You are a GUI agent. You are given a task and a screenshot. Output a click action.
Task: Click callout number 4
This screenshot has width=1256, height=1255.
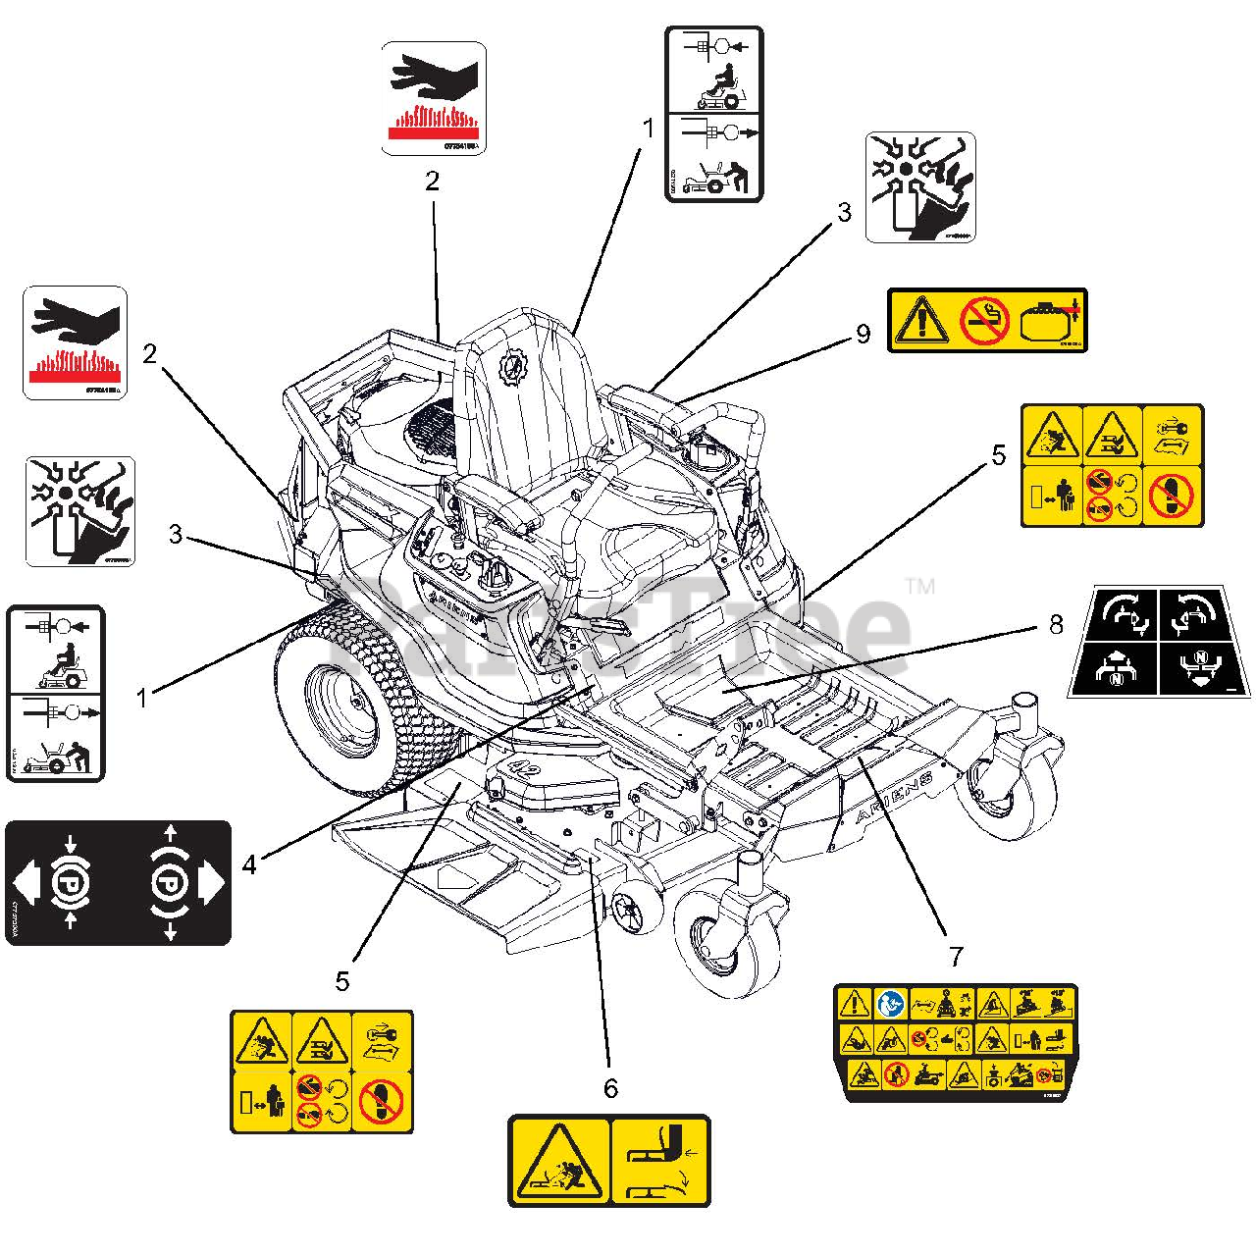coord(250,863)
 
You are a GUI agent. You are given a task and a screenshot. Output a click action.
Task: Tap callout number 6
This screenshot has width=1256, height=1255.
coord(610,1088)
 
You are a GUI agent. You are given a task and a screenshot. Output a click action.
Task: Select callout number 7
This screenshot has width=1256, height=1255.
coord(956,955)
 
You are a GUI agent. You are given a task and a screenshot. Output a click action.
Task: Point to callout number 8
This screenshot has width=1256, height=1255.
coord(1056,624)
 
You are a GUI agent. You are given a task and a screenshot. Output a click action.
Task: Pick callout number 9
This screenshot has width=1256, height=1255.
coord(863,334)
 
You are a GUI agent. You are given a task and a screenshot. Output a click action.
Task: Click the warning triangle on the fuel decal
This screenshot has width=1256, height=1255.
coord(920,320)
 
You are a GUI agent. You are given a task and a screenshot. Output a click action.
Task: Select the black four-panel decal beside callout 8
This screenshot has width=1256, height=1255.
coord(1159,642)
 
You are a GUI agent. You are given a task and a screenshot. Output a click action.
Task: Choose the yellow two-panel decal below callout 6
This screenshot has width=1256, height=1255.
coord(608,1160)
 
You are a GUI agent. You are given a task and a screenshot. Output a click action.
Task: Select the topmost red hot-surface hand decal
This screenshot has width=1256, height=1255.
coord(433,98)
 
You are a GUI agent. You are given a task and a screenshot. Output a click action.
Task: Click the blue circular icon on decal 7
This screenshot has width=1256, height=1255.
coord(890,1004)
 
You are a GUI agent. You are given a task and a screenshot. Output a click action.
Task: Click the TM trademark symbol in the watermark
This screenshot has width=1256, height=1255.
coord(919,587)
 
